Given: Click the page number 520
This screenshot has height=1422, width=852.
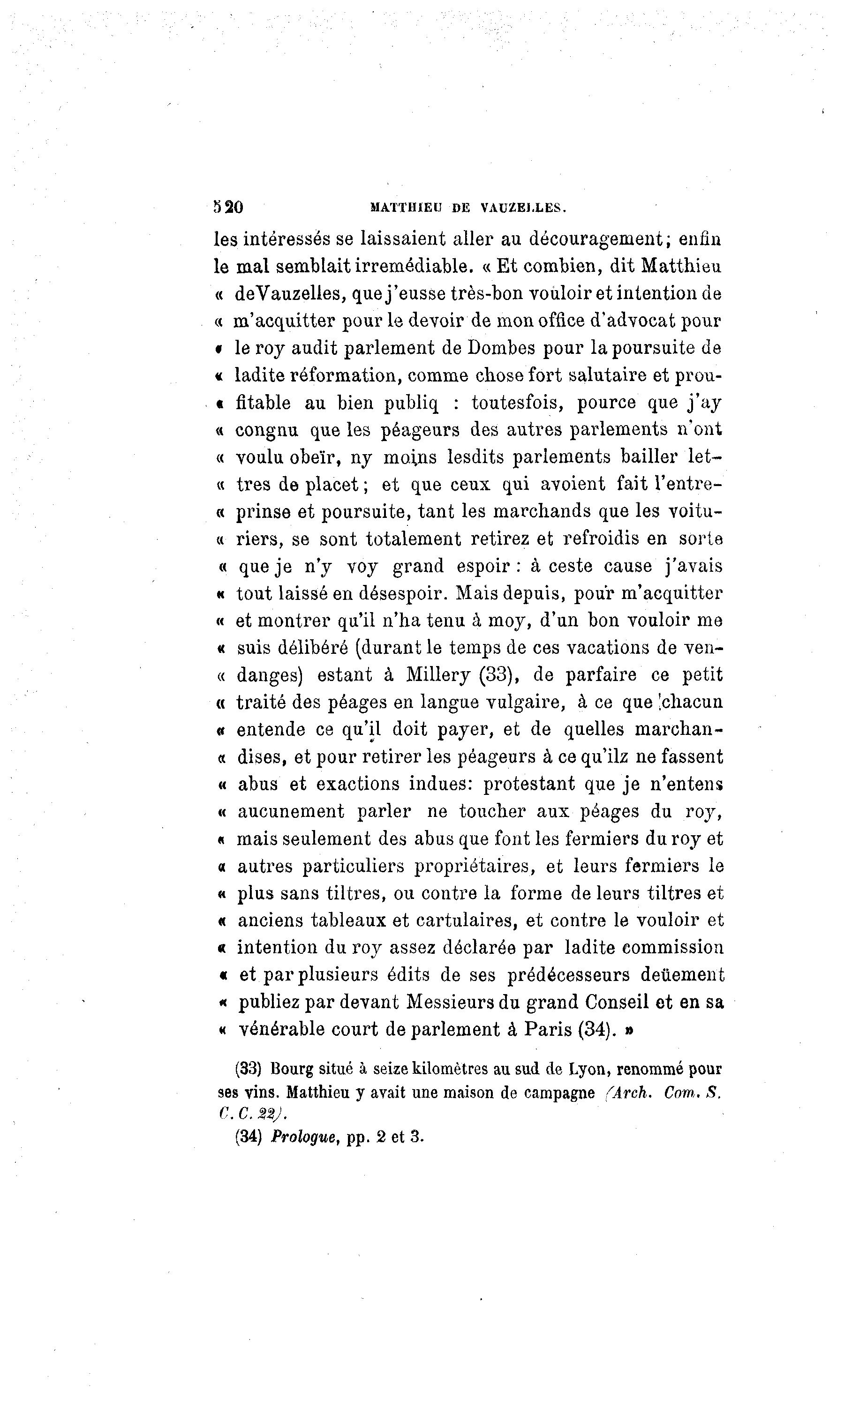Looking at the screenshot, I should pyautogui.click(x=228, y=207).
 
